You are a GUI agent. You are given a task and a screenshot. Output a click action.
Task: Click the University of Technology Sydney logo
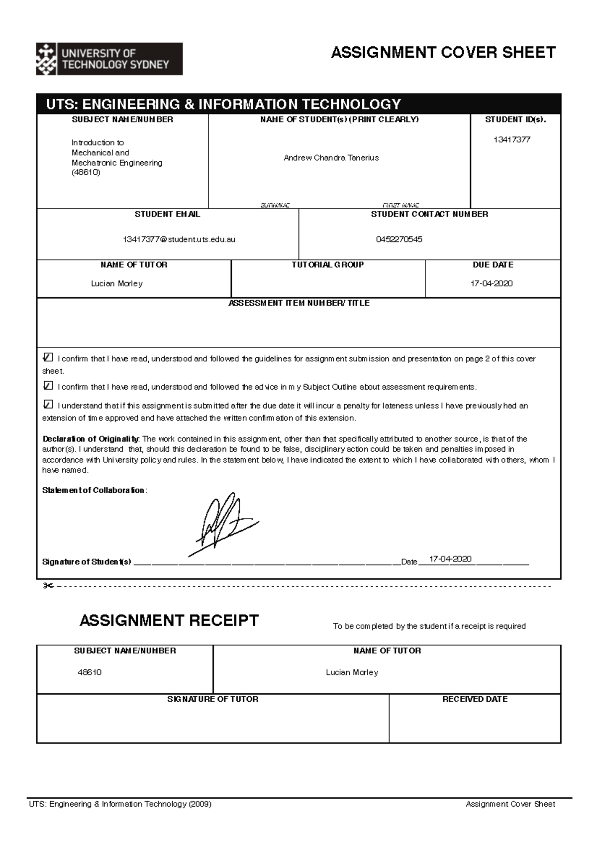(x=109, y=59)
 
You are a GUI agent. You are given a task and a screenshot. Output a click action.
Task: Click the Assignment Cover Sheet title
(x=443, y=52)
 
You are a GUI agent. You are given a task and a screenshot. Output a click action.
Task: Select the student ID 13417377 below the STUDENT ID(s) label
(x=512, y=140)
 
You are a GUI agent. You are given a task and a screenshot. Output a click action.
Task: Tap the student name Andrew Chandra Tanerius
(x=331, y=158)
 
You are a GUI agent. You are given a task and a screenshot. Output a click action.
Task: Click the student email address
(x=179, y=239)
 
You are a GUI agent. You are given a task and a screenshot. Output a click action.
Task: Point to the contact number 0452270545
(x=399, y=239)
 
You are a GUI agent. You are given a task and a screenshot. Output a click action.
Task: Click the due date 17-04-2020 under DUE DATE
(x=492, y=284)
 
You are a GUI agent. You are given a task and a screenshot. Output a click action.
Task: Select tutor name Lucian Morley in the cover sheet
(x=117, y=284)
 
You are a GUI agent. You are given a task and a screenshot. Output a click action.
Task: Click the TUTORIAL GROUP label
(x=327, y=265)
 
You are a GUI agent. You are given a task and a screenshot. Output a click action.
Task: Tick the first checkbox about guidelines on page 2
(x=48, y=357)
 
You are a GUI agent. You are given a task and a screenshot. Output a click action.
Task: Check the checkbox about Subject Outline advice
(x=48, y=386)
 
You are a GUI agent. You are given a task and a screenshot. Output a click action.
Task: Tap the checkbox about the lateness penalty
(x=48, y=404)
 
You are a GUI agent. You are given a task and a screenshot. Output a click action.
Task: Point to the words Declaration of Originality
(x=91, y=439)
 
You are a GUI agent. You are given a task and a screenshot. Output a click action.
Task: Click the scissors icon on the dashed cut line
(x=48, y=586)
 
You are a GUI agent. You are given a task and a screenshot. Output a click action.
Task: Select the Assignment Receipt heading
(x=169, y=621)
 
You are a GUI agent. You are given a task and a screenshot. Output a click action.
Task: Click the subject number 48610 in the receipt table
(x=90, y=672)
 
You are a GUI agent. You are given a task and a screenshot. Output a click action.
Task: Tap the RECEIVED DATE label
(x=475, y=699)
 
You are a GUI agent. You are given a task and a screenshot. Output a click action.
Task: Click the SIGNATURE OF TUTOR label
(x=212, y=699)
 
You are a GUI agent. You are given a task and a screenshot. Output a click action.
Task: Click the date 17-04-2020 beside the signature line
(x=450, y=559)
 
